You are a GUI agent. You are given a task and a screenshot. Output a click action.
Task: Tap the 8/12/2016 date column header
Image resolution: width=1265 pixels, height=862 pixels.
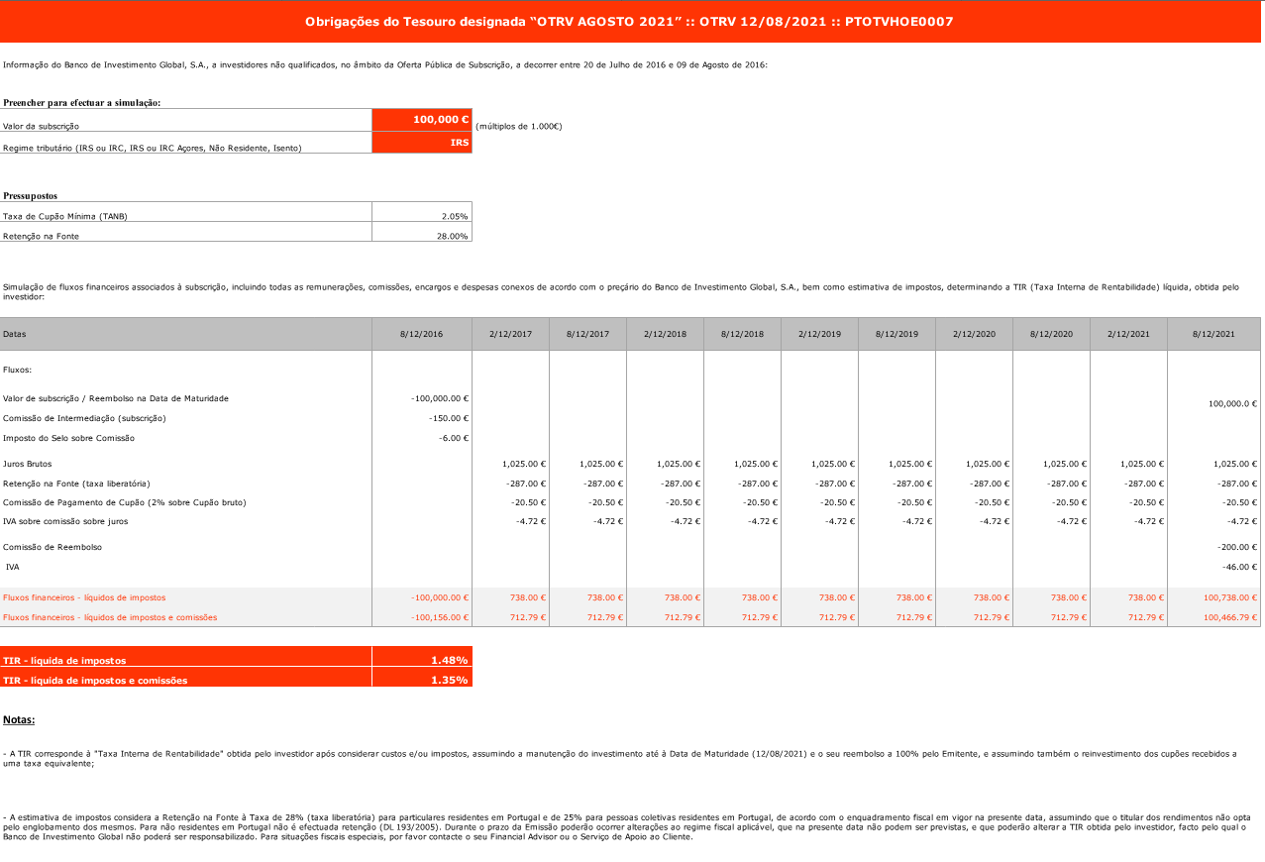[422, 334]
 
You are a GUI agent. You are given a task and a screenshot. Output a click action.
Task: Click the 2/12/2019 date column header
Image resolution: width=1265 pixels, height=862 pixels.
[819, 334]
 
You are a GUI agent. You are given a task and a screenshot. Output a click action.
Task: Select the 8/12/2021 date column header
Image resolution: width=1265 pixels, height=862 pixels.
[1212, 334]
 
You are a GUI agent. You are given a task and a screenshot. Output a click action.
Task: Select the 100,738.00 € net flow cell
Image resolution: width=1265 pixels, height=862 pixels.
[1228, 597]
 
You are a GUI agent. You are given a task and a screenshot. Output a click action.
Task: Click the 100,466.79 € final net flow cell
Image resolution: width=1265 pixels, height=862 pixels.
[1228, 617]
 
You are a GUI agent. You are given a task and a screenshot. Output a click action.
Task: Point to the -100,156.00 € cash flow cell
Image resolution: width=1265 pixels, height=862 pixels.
[438, 617]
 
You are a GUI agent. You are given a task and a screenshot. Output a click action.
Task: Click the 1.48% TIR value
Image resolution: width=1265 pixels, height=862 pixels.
[449, 659]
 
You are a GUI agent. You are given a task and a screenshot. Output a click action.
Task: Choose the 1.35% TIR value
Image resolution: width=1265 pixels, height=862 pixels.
[449, 680]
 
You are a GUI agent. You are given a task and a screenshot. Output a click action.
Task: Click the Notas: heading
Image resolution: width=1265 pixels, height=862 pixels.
[19, 719]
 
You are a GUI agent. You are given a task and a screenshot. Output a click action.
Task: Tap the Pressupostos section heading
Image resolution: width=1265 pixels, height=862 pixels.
[31, 196]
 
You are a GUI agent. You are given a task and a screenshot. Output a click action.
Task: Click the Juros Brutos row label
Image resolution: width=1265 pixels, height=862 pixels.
[28, 464]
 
